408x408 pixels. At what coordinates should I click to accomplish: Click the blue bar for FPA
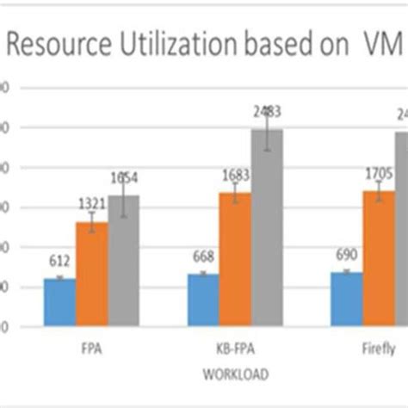click(x=59, y=302)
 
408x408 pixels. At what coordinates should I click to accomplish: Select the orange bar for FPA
click(x=91, y=275)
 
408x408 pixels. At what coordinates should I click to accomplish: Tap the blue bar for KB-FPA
click(x=203, y=300)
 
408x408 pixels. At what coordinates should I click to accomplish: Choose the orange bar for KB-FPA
click(x=235, y=259)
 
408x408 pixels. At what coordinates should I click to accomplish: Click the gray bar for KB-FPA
click(x=267, y=227)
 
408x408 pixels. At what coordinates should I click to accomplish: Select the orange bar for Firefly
click(x=379, y=258)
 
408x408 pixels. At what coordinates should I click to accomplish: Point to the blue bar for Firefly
click(x=347, y=300)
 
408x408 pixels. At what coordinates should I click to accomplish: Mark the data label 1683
click(x=234, y=176)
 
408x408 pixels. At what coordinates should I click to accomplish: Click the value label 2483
click(x=267, y=110)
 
